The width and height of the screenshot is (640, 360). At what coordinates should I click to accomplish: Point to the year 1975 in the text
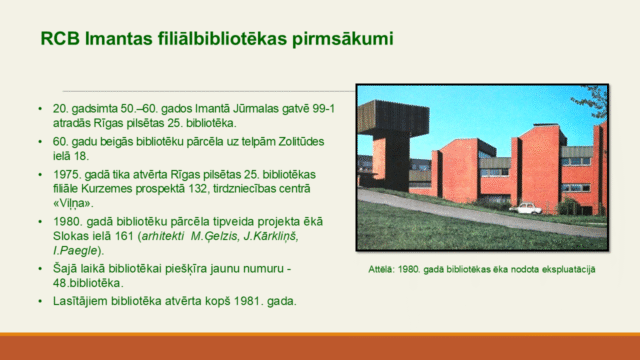(x=65, y=175)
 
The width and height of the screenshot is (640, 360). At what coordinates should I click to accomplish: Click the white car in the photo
(x=529, y=209)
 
